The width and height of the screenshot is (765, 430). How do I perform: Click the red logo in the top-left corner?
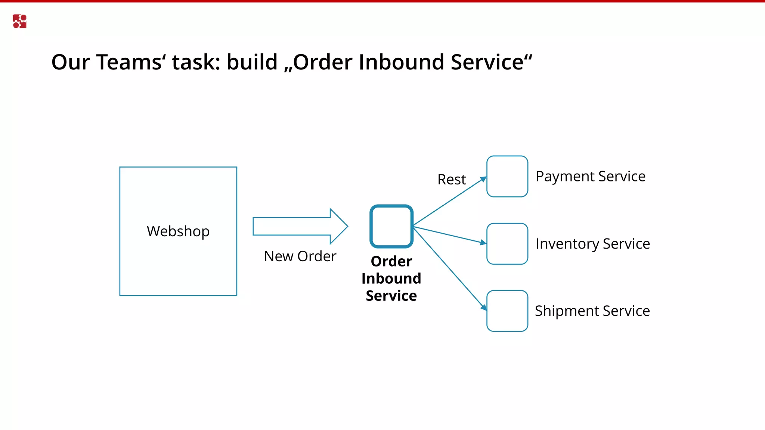tap(19, 21)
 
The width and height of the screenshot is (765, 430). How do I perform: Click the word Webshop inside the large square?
tap(178, 231)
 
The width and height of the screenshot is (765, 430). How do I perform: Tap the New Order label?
tap(300, 256)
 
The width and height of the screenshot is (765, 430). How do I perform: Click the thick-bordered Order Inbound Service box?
tap(391, 226)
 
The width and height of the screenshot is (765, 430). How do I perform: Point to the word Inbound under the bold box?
tap(391, 278)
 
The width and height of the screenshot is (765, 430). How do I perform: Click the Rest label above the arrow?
tap(452, 180)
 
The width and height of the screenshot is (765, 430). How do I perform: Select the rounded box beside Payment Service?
tap(507, 176)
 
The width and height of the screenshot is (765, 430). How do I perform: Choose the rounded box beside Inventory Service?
tap(507, 244)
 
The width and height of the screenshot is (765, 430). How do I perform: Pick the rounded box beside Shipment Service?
tap(507, 311)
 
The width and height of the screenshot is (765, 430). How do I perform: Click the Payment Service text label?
tap(590, 177)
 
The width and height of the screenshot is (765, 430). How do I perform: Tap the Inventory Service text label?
tap(593, 244)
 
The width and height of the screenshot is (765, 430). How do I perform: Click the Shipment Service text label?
tap(592, 311)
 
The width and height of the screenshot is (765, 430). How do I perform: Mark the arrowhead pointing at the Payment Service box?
tap(483, 180)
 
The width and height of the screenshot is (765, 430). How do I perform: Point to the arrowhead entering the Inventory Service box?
tap(483, 243)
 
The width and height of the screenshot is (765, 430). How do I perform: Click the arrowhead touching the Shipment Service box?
tap(484, 308)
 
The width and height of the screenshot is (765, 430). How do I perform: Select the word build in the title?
tap(252, 62)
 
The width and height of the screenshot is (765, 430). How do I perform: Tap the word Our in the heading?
tap(71, 62)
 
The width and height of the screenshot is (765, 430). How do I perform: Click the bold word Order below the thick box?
tap(391, 261)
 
